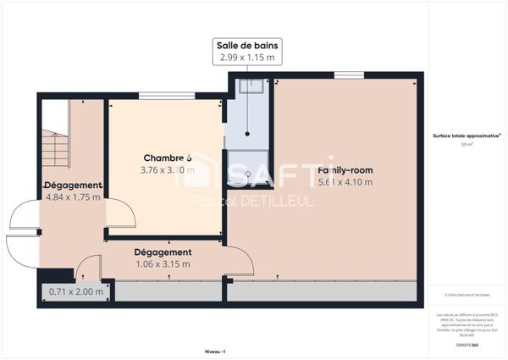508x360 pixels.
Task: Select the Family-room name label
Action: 345,170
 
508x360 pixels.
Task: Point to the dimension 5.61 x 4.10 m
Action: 345,182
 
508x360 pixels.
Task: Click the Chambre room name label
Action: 167,158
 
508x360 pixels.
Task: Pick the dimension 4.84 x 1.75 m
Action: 73,197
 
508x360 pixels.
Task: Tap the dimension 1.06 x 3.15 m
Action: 163,263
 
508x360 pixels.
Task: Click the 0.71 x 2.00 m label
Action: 76,292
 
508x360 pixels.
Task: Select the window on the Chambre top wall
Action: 158,97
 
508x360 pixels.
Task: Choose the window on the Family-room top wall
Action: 345,75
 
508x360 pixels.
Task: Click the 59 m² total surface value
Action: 467,145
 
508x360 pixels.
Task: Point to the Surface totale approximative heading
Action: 467,136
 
